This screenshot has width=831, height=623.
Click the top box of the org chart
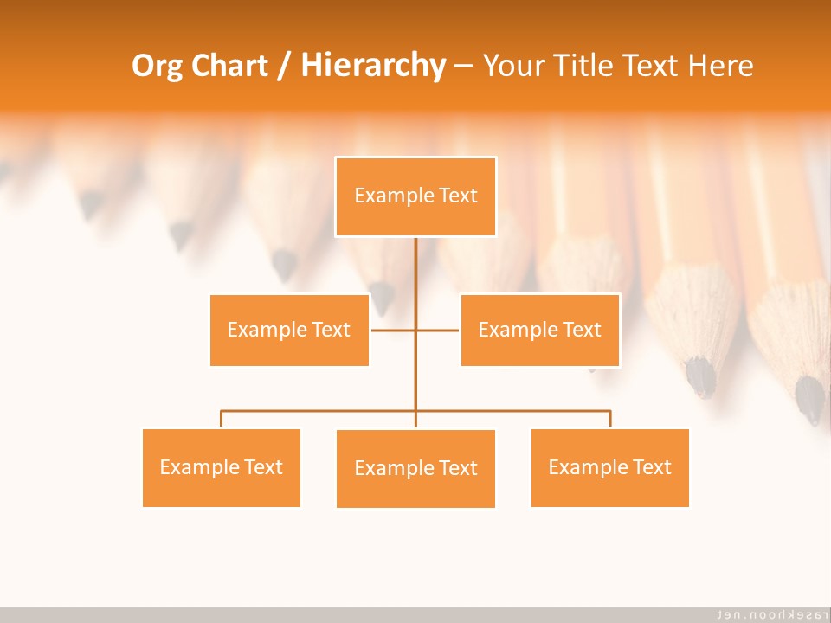(x=415, y=196)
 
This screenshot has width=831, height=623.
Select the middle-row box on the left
(x=289, y=330)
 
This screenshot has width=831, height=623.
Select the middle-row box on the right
(x=539, y=330)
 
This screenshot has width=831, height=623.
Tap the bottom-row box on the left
(x=221, y=467)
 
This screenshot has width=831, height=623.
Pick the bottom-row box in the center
(x=415, y=468)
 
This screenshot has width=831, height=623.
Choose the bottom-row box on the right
(x=609, y=467)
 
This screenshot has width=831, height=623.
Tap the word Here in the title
(x=720, y=66)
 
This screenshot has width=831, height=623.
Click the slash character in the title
(x=284, y=67)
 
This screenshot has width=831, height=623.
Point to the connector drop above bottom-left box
(x=222, y=420)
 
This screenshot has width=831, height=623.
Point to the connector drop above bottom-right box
(x=610, y=420)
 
